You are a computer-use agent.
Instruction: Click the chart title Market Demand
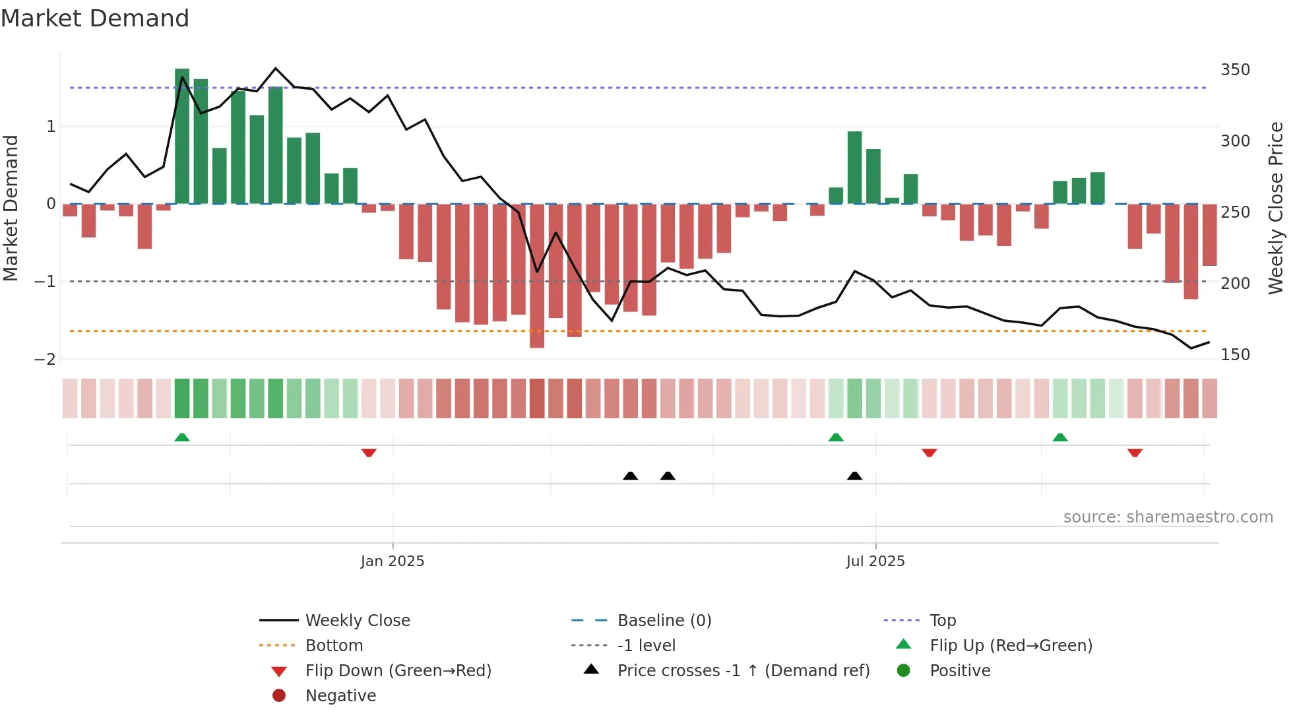[95, 18]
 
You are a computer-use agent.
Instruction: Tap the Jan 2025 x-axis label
[392, 561]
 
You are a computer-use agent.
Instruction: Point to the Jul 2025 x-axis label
[875, 561]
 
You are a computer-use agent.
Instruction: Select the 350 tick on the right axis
[1235, 70]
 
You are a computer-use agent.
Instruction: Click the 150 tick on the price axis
[1235, 355]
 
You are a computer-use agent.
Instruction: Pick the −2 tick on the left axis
[45, 360]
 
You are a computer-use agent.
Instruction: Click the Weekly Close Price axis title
[1276, 208]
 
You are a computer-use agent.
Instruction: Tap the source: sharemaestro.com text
[1168, 517]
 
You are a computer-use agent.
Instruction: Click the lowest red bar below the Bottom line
[537, 277]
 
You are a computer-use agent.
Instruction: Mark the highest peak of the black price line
[276, 68]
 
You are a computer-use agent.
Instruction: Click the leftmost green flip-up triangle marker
[182, 437]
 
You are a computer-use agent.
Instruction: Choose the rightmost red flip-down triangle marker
[1135, 453]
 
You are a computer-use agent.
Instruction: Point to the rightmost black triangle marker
[854, 476]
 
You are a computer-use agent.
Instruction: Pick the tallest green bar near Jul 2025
[854, 168]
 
